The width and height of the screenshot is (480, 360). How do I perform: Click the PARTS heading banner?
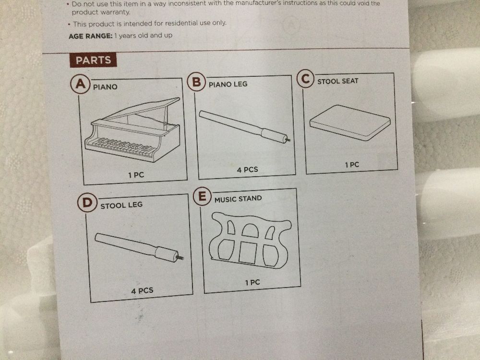(x=93, y=60)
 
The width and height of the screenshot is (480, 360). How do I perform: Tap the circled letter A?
(x=80, y=84)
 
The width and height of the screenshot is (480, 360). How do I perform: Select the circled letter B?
(x=196, y=82)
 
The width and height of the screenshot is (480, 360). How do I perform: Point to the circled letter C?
(x=305, y=79)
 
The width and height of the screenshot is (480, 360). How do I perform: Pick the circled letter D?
(x=87, y=203)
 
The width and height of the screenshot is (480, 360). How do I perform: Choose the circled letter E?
(x=202, y=196)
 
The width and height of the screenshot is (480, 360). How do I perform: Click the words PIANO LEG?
(x=228, y=84)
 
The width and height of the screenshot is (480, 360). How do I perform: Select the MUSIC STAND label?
(x=238, y=199)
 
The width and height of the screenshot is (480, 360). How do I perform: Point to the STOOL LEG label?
(x=121, y=205)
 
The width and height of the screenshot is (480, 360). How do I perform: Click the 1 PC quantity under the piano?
(x=136, y=175)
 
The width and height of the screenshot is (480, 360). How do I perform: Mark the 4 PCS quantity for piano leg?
(x=247, y=169)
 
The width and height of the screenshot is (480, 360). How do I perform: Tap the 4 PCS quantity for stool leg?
(x=142, y=290)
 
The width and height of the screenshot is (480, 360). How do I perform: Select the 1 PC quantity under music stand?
(x=252, y=282)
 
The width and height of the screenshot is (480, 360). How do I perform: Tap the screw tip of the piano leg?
(x=288, y=140)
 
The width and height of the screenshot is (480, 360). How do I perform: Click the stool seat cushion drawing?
(x=350, y=122)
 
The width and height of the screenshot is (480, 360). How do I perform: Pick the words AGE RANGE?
(x=90, y=36)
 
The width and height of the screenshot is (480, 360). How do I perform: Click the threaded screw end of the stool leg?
(x=180, y=258)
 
